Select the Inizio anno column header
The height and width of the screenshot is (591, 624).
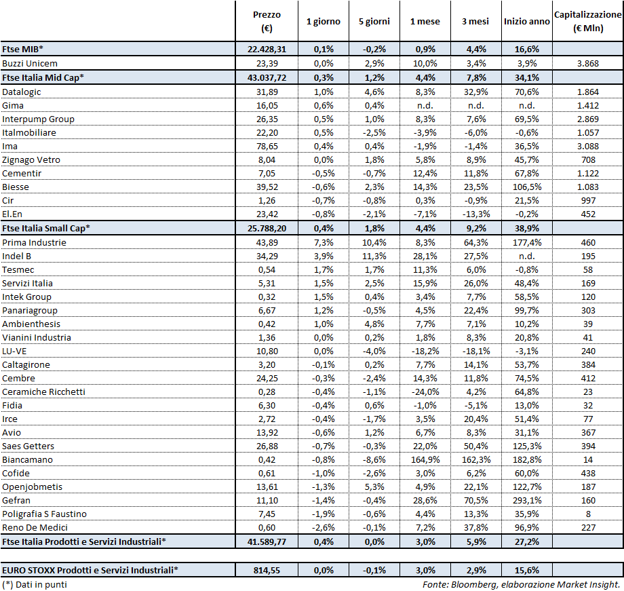point(526,22)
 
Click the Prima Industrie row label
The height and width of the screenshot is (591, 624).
point(35,242)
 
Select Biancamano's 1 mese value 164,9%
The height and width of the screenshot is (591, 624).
point(425,459)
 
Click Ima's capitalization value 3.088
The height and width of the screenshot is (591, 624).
point(587,146)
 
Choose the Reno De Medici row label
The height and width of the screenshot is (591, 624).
point(35,527)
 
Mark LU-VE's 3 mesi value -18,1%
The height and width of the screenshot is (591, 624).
point(475,351)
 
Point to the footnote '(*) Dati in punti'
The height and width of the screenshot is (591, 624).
point(35,584)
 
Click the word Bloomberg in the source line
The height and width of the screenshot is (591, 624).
point(471,584)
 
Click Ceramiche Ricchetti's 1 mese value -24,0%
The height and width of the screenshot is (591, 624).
point(425,392)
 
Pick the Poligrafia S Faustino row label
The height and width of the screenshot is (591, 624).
point(45,514)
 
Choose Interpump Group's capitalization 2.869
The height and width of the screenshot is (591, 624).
point(587,119)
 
